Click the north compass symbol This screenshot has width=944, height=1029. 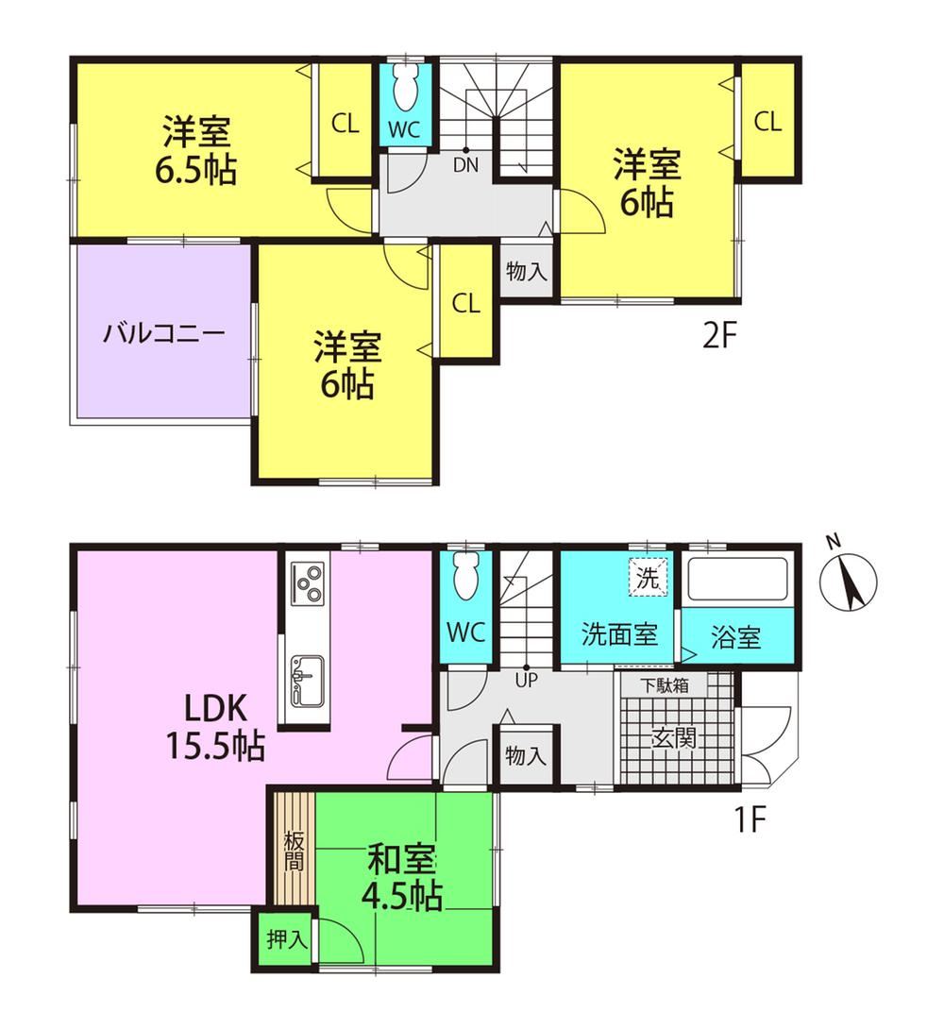[849, 582]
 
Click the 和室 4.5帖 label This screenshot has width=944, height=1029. [403, 877]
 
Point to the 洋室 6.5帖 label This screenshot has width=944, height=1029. [195, 150]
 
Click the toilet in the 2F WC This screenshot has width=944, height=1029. [404, 90]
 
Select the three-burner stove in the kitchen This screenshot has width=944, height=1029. [307, 582]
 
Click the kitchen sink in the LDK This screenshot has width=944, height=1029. [307, 681]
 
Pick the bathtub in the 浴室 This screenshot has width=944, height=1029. [736, 580]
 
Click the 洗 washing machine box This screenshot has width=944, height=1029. [649, 577]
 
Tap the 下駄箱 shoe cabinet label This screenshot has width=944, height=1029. [664, 685]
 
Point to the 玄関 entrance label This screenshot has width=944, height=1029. [674, 739]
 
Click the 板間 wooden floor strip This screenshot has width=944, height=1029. [294, 851]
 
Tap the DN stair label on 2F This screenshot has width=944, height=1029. [465, 164]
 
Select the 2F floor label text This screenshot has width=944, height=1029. [720, 337]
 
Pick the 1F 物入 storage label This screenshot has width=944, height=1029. [526, 755]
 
